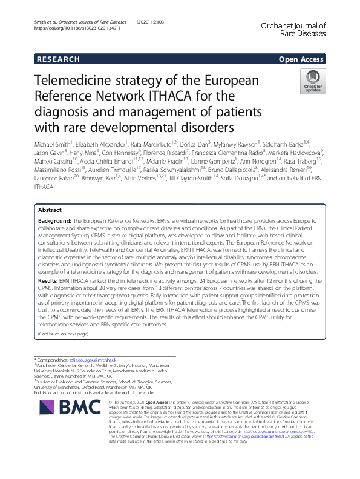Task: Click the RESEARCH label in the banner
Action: [57, 59]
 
